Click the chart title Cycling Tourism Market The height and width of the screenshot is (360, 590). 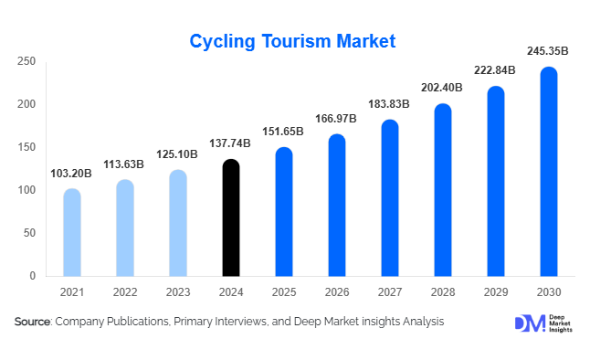point(292,41)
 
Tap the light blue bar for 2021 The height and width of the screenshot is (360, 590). point(72,232)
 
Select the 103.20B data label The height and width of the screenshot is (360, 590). point(72,174)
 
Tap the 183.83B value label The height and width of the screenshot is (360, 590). point(390,105)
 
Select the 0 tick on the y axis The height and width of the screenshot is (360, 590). point(32,276)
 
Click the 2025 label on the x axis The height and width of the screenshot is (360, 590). point(284,291)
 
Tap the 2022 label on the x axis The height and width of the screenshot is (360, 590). point(125,291)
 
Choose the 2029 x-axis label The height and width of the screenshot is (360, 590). point(496,291)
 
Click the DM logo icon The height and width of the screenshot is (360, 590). point(527,323)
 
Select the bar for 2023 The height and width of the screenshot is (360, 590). point(178,223)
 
